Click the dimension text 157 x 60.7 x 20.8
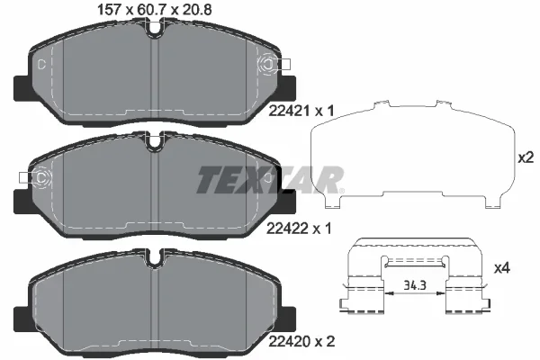pyautogui.click(x=155, y=10)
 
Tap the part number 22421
pyautogui.click(x=289, y=111)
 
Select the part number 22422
pyautogui.click(x=288, y=228)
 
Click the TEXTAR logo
pyautogui.click(x=270, y=180)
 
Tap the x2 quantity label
pyautogui.click(x=526, y=157)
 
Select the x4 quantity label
pyautogui.click(x=502, y=267)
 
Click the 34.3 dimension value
pyautogui.click(x=415, y=285)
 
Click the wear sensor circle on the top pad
pyautogui.click(x=268, y=64)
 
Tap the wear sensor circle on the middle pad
pyautogui.click(x=41, y=178)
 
